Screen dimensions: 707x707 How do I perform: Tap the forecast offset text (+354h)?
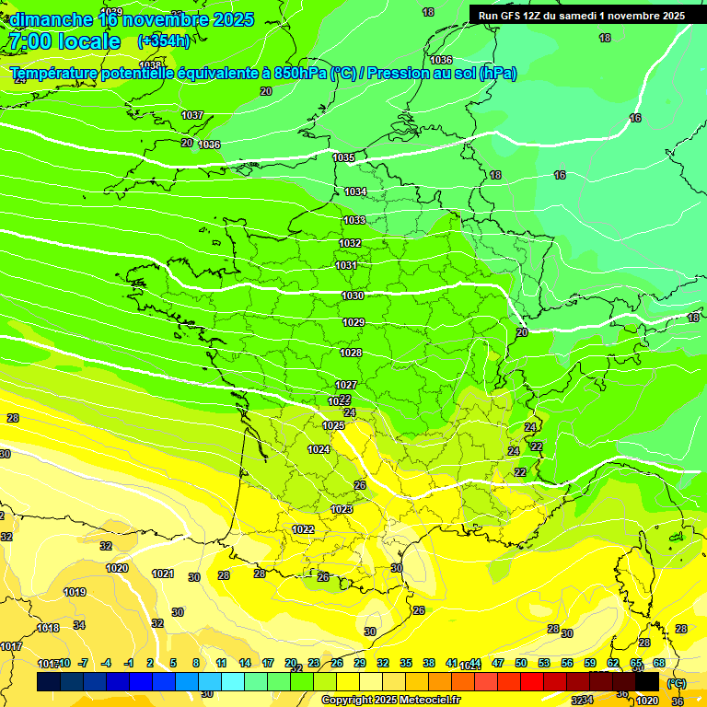click(x=164, y=41)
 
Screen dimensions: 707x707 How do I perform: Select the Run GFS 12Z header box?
click(x=581, y=16)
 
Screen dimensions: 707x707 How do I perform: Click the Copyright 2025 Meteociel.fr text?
click(x=390, y=700)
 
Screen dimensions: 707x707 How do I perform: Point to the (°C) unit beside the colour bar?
click(x=676, y=683)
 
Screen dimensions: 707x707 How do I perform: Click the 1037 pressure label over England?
click(x=192, y=115)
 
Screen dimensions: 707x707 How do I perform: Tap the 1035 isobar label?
click(x=343, y=157)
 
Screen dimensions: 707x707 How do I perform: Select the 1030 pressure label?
click(x=353, y=296)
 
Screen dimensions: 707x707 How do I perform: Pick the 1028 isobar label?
click(x=351, y=353)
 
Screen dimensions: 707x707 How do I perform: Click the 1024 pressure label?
click(x=319, y=449)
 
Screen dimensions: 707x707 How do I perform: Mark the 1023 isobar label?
click(x=342, y=509)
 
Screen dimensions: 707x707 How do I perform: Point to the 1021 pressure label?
click(x=163, y=574)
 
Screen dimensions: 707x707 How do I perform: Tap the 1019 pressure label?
click(x=75, y=592)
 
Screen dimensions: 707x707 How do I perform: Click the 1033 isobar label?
click(x=354, y=220)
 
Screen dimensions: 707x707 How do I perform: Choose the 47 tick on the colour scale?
click(x=498, y=663)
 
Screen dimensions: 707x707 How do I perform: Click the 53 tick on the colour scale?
click(x=544, y=663)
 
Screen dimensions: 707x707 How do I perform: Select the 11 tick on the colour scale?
click(x=221, y=663)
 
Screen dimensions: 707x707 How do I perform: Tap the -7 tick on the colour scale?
click(x=83, y=663)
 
